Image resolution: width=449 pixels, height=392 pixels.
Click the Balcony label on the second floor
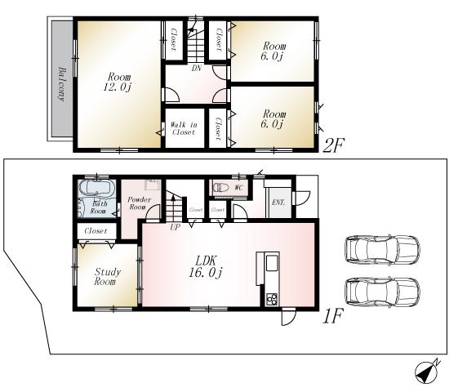(x=62, y=82)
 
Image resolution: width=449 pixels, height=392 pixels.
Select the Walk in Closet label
(x=183, y=127)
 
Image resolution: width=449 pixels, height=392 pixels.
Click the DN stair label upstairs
(x=197, y=69)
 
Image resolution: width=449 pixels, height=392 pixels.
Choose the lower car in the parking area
(x=382, y=290)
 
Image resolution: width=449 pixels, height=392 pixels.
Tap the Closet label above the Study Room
(x=95, y=232)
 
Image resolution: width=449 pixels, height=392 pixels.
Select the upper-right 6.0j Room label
(x=273, y=51)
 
